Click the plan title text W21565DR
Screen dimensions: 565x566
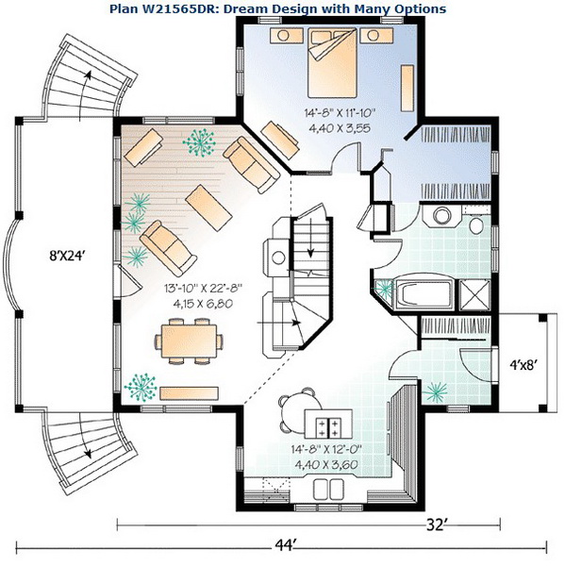coord(166,8)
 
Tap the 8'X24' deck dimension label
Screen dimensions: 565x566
coord(67,256)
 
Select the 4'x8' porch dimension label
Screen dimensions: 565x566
coord(522,366)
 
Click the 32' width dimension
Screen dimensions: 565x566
coord(436,524)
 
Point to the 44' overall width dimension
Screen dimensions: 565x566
coord(285,543)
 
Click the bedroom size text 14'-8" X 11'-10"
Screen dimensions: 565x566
coord(341,113)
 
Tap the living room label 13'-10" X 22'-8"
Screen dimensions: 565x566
coord(203,288)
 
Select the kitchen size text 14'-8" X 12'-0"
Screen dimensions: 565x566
coord(326,449)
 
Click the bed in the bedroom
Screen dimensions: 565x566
coord(332,63)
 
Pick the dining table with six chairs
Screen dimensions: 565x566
coord(189,341)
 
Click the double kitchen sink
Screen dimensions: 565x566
coord(328,489)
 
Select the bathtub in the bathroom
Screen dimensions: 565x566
coord(424,292)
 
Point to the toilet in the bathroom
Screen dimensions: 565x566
coord(476,225)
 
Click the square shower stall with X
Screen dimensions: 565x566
coord(474,295)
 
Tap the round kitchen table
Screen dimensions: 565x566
coord(298,411)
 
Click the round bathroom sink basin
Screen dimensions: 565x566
coord(441,216)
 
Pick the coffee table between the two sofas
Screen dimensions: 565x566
coord(208,208)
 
